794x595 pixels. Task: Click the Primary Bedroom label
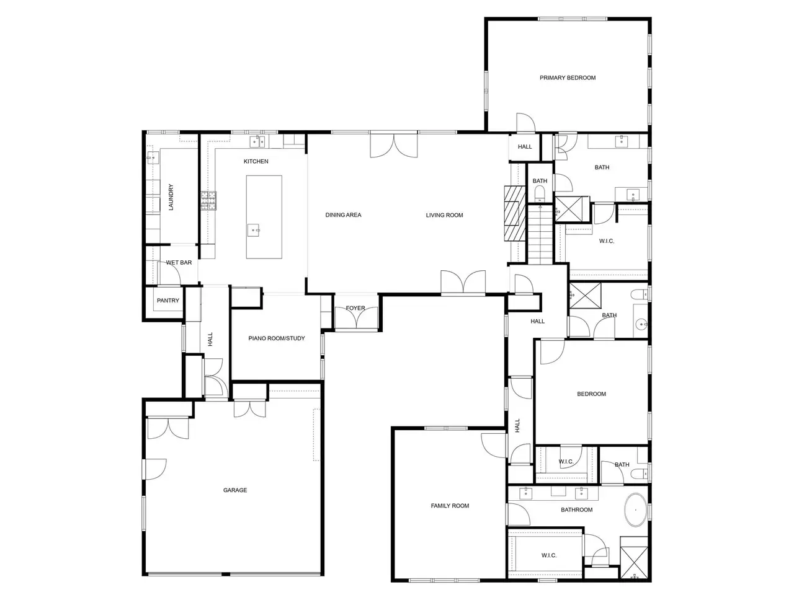pos(567,77)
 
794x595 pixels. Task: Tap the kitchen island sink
pos(254,230)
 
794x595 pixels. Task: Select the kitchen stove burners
pos(208,201)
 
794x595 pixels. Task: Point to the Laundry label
pos(171,197)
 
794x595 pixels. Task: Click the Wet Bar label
pos(179,263)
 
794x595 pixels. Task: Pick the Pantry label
pos(168,300)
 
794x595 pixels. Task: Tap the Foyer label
pos(355,308)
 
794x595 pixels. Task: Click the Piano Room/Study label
pos(277,338)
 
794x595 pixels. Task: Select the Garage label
pos(234,490)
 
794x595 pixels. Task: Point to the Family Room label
pos(450,505)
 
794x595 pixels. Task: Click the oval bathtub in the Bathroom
pos(636,510)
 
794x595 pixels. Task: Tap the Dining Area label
pos(343,215)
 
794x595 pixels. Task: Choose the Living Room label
pos(444,215)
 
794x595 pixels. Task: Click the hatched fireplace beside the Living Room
pos(515,213)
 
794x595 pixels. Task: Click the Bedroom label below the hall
pos(591,394)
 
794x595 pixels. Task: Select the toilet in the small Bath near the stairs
pos(540,193)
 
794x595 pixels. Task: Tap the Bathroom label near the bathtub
pos(577,509)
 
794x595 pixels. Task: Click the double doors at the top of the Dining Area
pos(393,145)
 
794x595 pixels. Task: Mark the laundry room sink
pos(153,157)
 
